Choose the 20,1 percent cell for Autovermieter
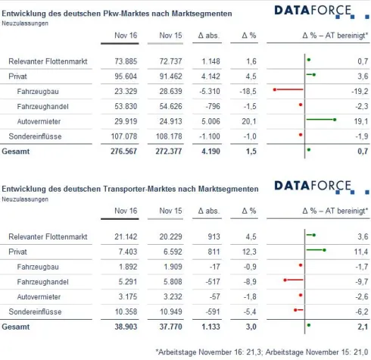click(x=248, y=120)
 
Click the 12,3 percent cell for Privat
click(x=248, y=251)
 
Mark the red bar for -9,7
click(x=292, y=280)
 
